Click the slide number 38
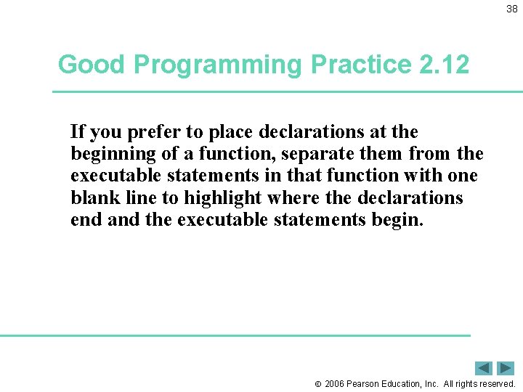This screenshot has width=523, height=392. [x=511, y=9]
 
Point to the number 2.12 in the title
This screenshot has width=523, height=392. [x=444, y=65]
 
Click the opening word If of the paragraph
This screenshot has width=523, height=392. [x=77, y=132]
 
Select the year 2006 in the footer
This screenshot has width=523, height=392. [x=334, y=383]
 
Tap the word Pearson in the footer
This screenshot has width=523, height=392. [x=365, y=383]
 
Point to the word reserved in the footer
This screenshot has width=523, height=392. [x=496, y=383]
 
